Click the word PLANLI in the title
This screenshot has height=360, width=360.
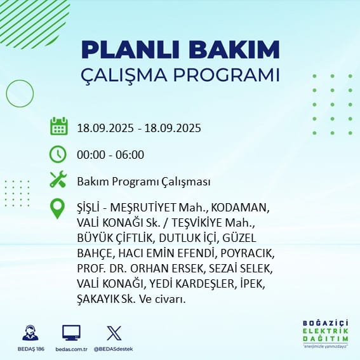tap(130, 50)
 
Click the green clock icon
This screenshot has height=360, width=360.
tap(58, 154)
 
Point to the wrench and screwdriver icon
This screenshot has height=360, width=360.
tap(58, 179)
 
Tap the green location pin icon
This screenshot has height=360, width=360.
tap(57, 208)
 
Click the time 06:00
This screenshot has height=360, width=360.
tap(130, 154)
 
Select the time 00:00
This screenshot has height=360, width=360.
tap(91, 154)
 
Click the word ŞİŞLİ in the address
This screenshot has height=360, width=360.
tap(88, 208)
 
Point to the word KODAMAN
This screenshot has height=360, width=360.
tap(240, 208)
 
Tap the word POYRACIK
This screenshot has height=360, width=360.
tap(248, 253)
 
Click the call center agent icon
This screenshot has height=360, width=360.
tap(30, 333)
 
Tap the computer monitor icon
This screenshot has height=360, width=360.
tap(71, 333)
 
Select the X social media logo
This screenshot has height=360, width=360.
tap(114, 333)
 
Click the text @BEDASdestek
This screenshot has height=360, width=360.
tap(113, 349)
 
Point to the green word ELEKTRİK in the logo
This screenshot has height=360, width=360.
tap(325, 331)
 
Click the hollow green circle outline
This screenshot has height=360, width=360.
tap(6, 93)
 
